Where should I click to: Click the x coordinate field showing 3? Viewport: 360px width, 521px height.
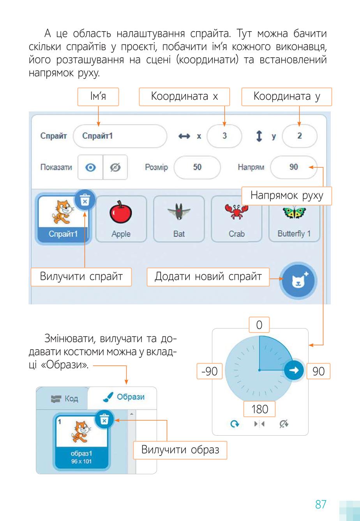224,136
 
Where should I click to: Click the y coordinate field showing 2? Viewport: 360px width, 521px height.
300,136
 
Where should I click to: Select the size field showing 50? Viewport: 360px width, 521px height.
197,167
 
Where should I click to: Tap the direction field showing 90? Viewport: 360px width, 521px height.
294,167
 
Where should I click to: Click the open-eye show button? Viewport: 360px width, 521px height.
90,168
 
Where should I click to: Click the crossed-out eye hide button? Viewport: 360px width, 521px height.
115,168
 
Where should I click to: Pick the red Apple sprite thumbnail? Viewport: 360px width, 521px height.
121,219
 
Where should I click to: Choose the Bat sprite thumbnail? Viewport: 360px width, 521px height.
179,219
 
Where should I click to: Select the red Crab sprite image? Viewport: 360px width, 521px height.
236,212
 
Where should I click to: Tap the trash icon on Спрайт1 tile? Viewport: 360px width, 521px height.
85,200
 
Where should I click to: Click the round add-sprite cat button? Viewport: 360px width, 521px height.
298,281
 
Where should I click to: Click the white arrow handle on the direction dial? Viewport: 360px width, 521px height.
294,370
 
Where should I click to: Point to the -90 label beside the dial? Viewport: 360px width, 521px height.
210,371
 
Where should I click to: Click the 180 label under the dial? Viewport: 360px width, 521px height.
259,409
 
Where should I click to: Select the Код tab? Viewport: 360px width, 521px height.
64,399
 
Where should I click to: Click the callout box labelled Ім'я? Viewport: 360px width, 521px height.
98,97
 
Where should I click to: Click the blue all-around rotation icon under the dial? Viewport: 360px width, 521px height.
235,424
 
